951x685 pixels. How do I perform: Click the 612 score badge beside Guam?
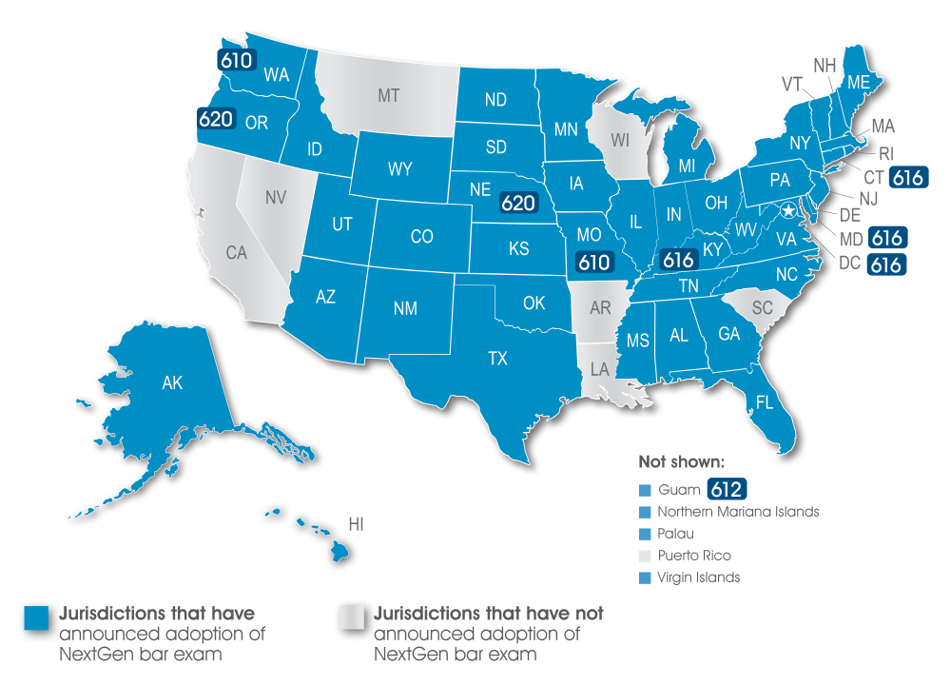click(x=726, y=490)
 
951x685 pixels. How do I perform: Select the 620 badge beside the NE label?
click(x=518, y=202)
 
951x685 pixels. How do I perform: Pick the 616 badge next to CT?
click(x=908, y=177)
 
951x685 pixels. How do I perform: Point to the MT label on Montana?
click(x=388, y=95)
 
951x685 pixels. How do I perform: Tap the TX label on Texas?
click(x=497, y=359)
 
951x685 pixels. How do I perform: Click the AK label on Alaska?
click(x=172, y=383)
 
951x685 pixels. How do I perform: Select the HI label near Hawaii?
click(x=357, y=524)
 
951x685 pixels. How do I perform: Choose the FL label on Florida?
click(x=765, y=402)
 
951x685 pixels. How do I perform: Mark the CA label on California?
click(x=236, y=253)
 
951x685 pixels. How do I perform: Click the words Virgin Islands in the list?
click(x=699, y=577)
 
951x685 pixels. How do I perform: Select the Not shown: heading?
click(x=682, y=463)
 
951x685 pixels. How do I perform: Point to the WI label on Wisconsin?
click(x=620, y=140)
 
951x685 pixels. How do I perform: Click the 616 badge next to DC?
click(x=885, y=264)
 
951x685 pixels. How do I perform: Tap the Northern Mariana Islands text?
click(x=738, y=512)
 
